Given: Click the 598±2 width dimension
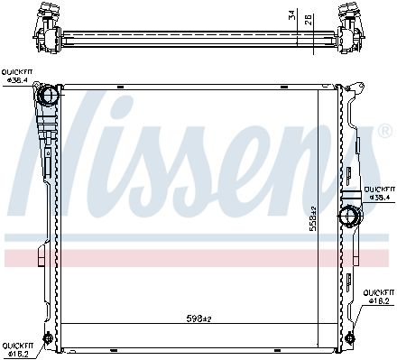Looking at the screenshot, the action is click(198, 318).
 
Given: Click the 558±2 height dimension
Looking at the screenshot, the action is click(313, 218).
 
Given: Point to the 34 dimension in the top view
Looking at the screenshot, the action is click(292, 15).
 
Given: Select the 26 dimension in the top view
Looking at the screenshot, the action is click(309, 19).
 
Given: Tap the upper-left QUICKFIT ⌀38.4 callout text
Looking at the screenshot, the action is click(17, 76).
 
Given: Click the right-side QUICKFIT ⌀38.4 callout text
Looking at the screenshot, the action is click(380, 193).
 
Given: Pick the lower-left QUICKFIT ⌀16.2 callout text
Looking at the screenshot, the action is click(18, 349).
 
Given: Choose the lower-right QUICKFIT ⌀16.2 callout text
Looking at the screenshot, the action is click(379, 297).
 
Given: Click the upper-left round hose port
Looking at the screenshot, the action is click(48, 96).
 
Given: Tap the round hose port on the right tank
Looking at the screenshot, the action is click(348, 217).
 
